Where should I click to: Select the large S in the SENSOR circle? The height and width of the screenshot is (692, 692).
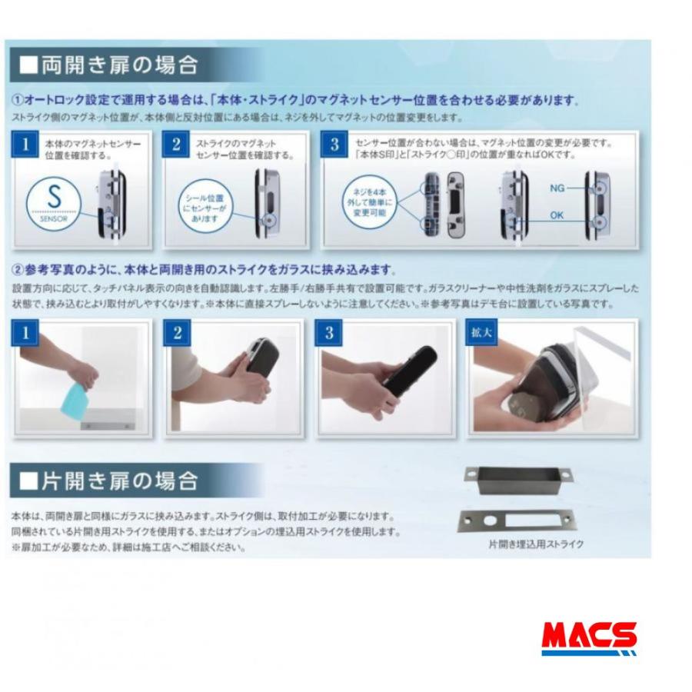(x=54, y=196)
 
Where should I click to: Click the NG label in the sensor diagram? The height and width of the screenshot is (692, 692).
(x=557, y=188)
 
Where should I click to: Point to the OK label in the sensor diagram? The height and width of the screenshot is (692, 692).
(x=557, y=215)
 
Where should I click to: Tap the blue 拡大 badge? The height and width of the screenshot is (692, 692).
(x=481, y=332)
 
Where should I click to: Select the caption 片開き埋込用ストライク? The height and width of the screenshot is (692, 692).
(x=536, y=544)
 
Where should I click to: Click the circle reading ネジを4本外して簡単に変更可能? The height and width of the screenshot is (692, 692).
(x=369, y=202)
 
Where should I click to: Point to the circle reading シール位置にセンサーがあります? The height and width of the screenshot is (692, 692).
(x=205, y=208)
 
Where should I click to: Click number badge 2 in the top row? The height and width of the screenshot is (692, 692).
(x=175, y=144)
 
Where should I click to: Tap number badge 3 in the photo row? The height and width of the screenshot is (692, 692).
(x=329, y=332)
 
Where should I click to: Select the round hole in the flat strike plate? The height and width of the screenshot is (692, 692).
(x=489, y=521)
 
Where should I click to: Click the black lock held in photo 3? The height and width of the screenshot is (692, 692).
(x=411, y=371)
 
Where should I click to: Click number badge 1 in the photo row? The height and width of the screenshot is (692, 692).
(x=25, y=332)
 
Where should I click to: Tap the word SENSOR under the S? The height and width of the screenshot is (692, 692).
(x=54, y=219)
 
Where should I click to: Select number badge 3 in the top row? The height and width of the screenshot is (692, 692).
(x=334, y=144)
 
